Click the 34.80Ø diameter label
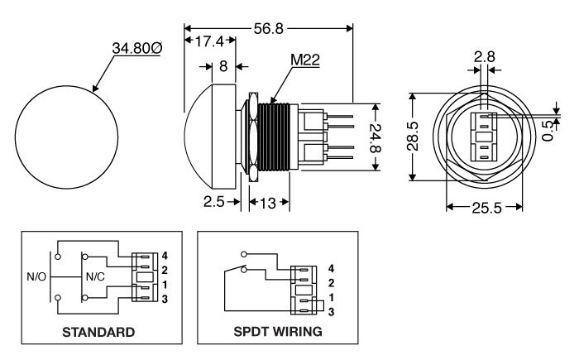pyautogui.click(x=137, y=49)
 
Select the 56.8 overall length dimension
pyautogui.click(x=268, y=28)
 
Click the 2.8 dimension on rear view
pyautogui.click(x=485, y=58)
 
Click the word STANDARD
pyautogui.click(x=98, y=332)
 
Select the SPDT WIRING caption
pyautogui.click(x=278, y=332)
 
